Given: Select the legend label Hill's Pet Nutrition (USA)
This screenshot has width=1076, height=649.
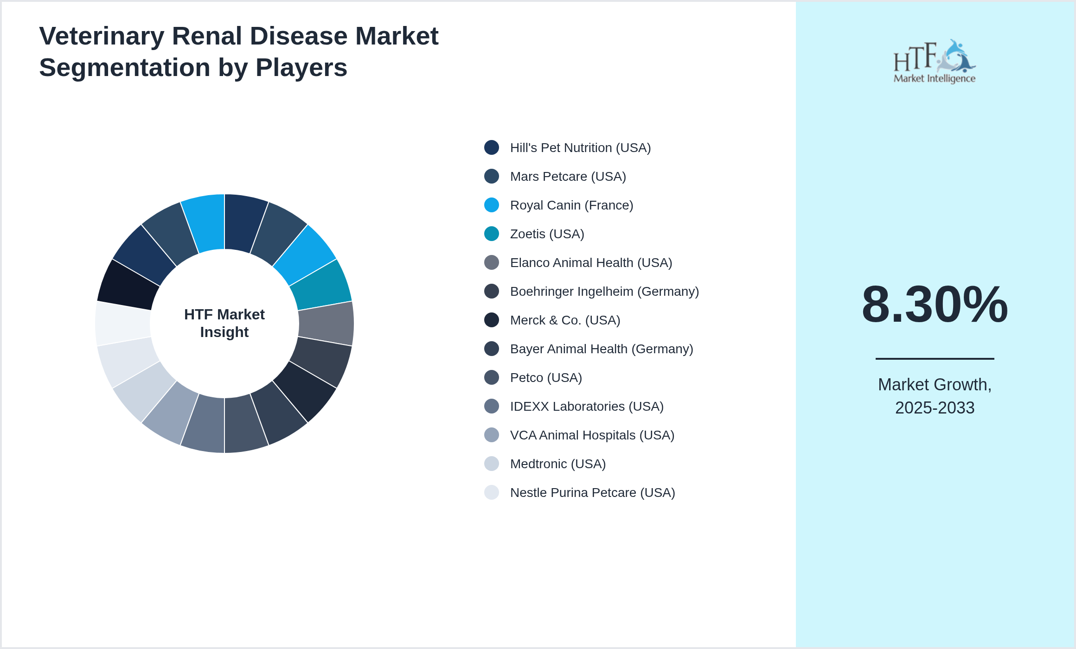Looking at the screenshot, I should (580, 148).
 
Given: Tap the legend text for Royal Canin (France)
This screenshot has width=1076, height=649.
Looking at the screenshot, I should (571, 205).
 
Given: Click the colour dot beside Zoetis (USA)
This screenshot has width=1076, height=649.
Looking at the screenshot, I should (492, 234).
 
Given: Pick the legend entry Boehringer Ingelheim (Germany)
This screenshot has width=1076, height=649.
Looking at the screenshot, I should (604, 292).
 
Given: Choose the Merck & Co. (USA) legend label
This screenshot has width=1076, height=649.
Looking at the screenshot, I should (565, 320).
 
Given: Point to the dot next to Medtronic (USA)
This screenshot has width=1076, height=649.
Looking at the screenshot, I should (492, 464).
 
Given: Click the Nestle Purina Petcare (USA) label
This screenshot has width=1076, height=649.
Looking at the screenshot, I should (592, 493).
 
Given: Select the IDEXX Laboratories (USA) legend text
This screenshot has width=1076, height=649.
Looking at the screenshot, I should (587, 407).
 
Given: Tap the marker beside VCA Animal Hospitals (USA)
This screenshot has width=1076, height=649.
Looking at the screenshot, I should (492, 435).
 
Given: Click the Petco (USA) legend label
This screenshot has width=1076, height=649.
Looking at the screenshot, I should (546, 378).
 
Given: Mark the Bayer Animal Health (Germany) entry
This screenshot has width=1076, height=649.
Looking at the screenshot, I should (602, 349).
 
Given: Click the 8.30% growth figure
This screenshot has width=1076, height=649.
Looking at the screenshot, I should (935, 305).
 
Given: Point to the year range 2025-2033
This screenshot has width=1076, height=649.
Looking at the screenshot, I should (935, 408).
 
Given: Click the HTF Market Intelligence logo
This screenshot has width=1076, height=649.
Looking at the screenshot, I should (935, 61).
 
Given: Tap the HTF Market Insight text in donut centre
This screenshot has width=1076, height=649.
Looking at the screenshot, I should (224, 323).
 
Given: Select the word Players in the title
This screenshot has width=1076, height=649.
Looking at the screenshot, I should (301, 68).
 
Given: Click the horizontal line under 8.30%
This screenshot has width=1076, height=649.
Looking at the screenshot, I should (935, 358).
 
